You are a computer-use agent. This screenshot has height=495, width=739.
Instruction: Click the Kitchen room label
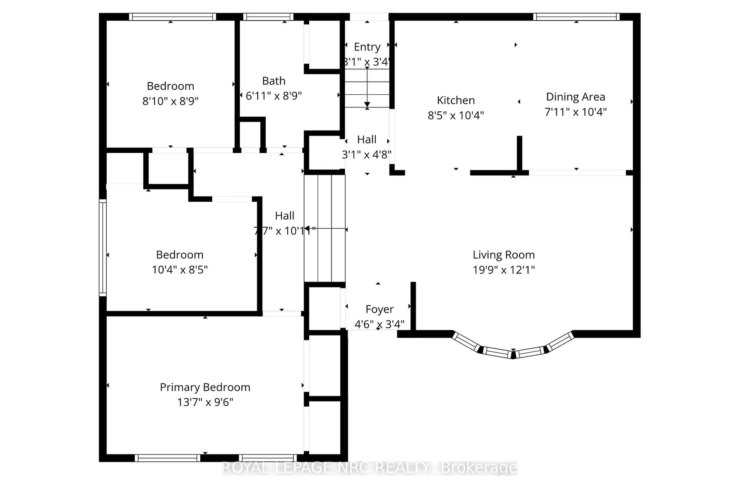click(456, 100)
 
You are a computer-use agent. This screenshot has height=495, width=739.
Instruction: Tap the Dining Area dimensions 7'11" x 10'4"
click(575, 112)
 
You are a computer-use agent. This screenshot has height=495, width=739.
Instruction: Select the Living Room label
click(503, 255)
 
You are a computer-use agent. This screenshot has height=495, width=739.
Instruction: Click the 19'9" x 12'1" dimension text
click(503, 270)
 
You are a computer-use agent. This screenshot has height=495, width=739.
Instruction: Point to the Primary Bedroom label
click(205, 387)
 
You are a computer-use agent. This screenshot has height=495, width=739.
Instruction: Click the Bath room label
click(274, 81)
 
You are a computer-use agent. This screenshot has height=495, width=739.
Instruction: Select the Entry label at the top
click(367, 47)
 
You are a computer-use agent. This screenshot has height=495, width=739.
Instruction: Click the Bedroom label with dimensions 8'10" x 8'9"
click(171, 86)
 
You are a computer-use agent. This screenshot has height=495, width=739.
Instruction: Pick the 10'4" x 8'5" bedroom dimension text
click(180, 270)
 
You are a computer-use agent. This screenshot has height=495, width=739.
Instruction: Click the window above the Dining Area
click(576, 17)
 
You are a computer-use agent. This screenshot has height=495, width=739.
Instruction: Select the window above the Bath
click(268, 17)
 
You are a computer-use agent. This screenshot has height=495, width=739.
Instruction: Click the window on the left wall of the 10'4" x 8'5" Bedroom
click(103, 248)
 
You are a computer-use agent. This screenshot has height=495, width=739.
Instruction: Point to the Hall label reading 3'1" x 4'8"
click(366, 147)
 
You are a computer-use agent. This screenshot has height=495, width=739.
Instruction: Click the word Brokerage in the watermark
click(479, 468)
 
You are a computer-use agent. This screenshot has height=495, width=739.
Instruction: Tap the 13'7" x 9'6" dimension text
click(205, 402)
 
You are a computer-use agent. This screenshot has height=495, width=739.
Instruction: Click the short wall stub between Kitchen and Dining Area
click(519, 154)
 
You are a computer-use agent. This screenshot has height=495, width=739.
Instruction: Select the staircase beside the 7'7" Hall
click(324, 228)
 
